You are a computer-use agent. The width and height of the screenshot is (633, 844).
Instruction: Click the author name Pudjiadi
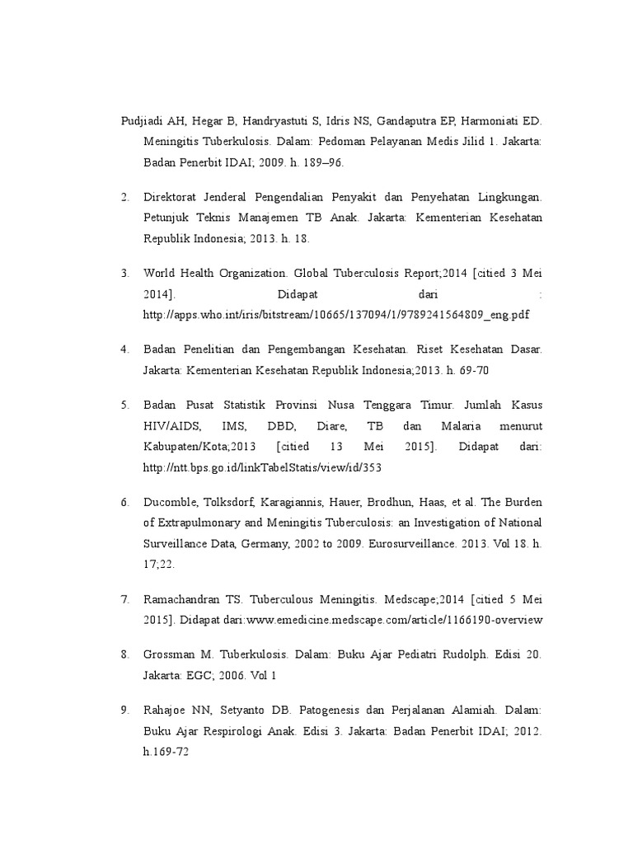(x=142, y=121)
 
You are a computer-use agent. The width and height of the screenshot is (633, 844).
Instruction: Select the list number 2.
(x=124, y=199)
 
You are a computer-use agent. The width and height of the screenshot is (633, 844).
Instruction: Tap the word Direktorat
(x=173, y=199)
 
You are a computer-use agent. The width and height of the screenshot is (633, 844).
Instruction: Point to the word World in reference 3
(x=161, y=273)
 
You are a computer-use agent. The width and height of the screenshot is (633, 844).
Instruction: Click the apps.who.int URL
(x=336, y=315)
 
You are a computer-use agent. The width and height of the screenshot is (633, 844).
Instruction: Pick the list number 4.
(x=124, y=349)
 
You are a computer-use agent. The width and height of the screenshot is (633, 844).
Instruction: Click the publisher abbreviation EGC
(x=199, y=676)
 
